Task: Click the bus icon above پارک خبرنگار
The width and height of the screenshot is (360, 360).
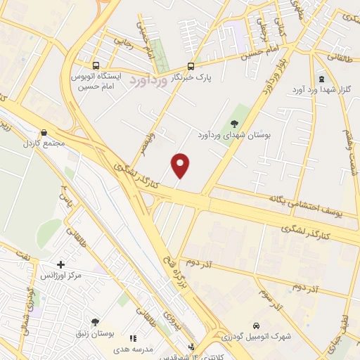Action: [191, 63]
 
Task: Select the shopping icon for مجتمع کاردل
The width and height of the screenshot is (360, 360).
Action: [44, 131]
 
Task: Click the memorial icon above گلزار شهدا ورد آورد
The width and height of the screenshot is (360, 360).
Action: [321, 78]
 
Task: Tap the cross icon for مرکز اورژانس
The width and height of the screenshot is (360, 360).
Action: [60, 265]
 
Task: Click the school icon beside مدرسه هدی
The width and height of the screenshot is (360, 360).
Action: [134, 338]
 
